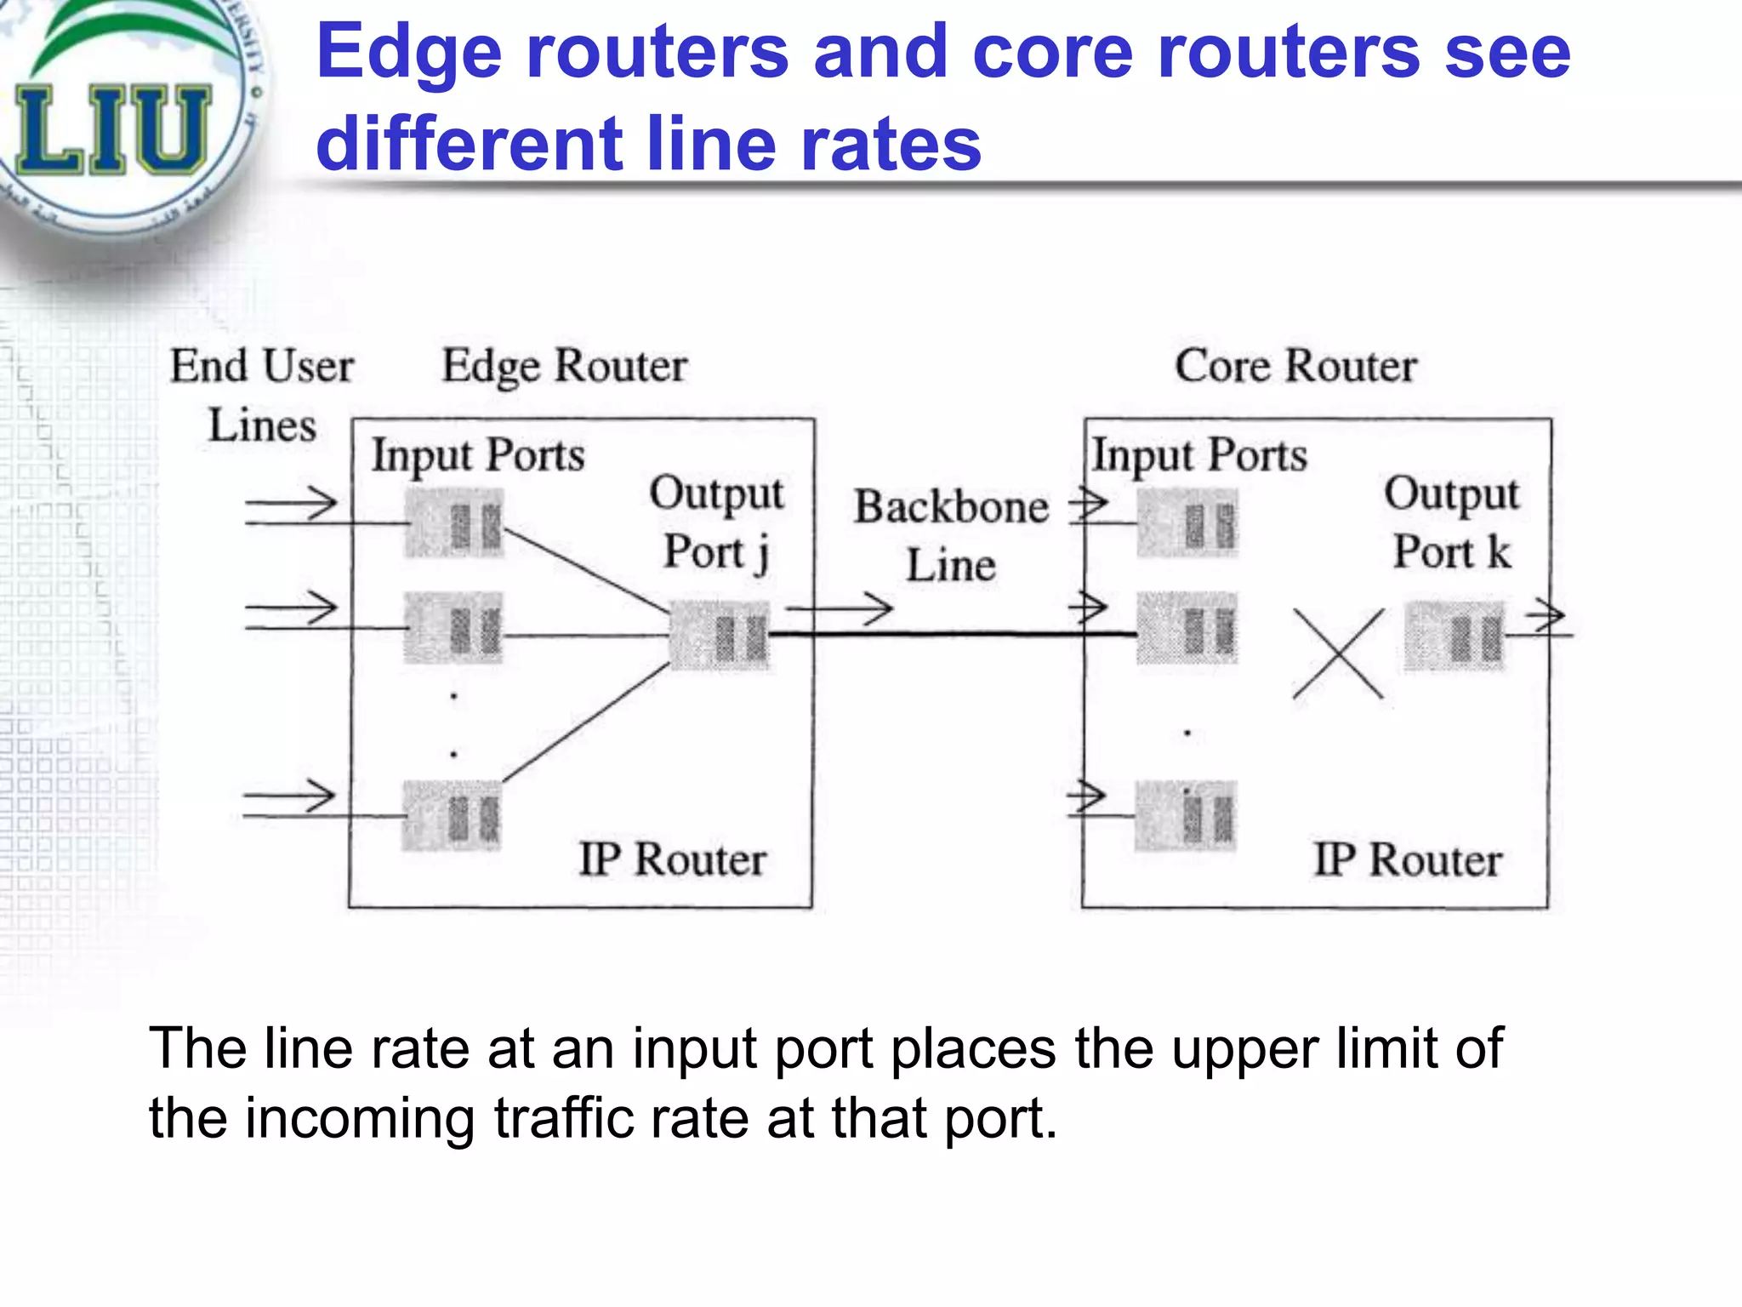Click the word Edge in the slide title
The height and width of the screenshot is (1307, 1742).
pos(408,53)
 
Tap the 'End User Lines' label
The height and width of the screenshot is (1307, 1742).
pos(262,395)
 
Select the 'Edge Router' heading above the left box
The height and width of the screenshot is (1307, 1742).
pos(564,367)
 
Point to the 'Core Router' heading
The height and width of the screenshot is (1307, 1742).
pos(1295,367)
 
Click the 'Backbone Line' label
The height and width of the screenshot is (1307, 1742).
pos(951,536)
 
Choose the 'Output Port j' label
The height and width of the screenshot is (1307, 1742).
pos(716,522)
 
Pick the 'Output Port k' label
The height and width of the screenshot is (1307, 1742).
pos(1451,522)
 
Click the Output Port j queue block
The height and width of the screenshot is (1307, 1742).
pos(720,635)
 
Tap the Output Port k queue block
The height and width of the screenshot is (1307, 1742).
pos(1454,636)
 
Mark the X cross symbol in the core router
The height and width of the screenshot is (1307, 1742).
pos(1338,653)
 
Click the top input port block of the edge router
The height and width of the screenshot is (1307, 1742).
pos(454,523)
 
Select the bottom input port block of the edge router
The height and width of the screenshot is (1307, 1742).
pos(452,816)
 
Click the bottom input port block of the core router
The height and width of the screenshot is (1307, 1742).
pos(1185,816)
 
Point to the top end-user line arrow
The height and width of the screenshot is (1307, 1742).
pos(291,504)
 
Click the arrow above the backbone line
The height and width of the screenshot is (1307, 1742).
pos(839,608)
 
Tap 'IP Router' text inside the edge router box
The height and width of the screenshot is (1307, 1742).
pos(672,859)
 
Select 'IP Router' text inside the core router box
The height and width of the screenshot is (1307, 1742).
pos(1408,859)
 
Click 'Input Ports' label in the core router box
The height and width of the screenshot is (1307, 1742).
pos(1199,455)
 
